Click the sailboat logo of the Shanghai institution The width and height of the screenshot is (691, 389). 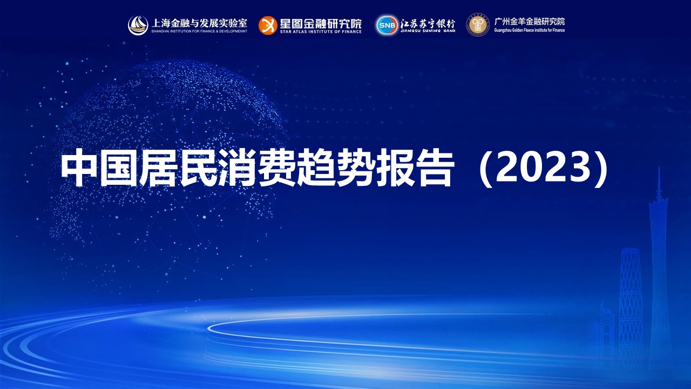pos(138,25)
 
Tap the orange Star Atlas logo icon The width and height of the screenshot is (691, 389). pos(267,25)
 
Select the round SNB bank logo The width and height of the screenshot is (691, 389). pos(387,25)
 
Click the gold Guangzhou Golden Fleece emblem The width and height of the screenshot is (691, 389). pos(478,25)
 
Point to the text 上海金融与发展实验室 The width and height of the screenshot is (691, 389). pos(199,23)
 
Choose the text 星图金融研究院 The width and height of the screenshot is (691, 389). pos(321,23)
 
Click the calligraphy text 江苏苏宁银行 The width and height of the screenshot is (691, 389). pos(428,23)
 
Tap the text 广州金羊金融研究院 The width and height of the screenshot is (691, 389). pos(530,21)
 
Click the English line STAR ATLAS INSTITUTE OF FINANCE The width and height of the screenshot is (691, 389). pos(321,31)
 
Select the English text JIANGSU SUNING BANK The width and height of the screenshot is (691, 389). pos(428,31)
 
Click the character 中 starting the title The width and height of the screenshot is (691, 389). pos(79,167)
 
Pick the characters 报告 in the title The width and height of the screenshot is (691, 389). pos(416,167)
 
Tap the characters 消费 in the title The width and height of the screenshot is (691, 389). pos(258,167)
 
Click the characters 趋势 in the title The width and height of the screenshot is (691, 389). pos(337,167)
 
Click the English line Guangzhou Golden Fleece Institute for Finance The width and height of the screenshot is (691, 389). pos(530,30)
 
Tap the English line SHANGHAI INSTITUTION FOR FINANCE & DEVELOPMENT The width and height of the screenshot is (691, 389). pos(199,31)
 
